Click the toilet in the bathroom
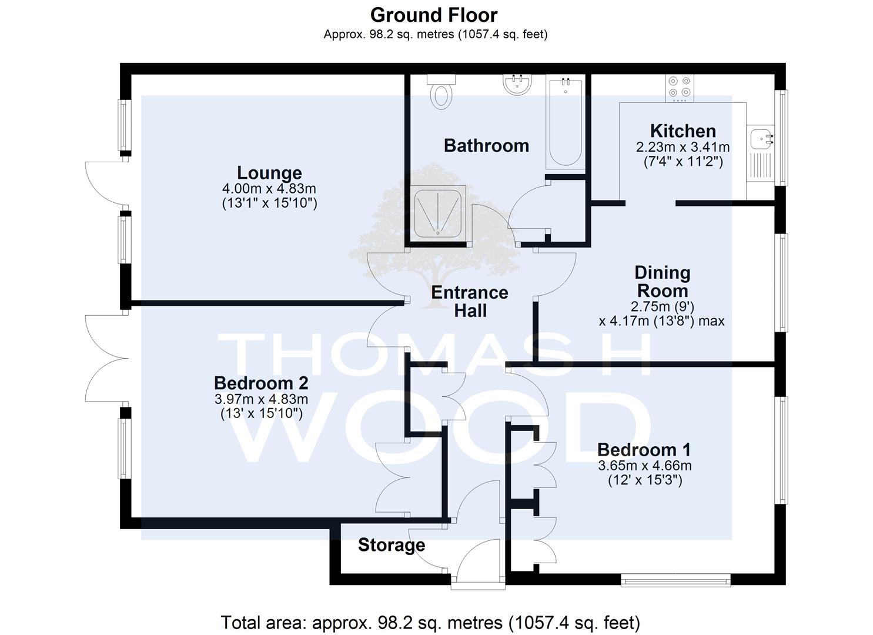[441, 92]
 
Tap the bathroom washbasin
[517, 84]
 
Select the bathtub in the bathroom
[566, 122]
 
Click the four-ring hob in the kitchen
[680, 88]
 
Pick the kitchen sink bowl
[760, 138]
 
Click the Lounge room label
[269, 173]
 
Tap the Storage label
[392, 545]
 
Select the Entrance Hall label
[470, 302]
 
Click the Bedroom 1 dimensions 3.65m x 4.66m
[645, 466]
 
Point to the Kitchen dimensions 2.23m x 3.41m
[683, 147]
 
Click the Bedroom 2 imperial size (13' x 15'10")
[262, 413]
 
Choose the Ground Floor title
[434, 15]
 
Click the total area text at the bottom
[430, 623]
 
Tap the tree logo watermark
[434, 234]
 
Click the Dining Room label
[662, 282]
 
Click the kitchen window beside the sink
[781, 138]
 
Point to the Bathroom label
[486, 145]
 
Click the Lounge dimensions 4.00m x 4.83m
[269, 189]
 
